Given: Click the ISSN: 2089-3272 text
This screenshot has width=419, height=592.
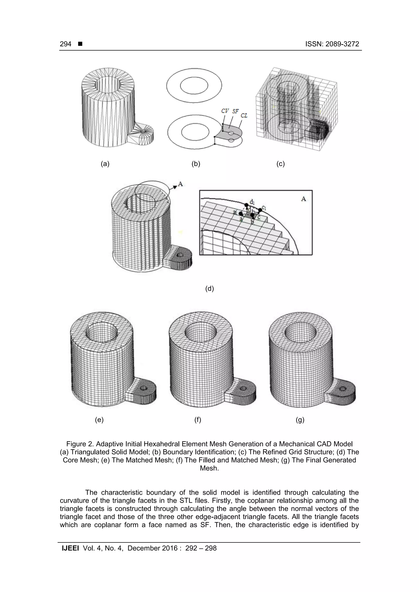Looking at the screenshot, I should pos(332,44).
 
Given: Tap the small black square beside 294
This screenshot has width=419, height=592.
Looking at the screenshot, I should pos(80,44).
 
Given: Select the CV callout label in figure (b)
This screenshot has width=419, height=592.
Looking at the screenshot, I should pos(225,111).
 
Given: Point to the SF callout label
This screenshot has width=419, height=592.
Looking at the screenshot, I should pos(235,111).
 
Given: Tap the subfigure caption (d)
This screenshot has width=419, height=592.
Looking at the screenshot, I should pos(209,289).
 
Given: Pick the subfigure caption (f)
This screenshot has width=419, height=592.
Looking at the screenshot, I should pos(197,420).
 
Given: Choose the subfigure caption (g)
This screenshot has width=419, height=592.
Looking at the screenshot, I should pos(300,420).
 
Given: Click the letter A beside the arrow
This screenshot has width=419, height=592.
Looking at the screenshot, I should pos(180,184).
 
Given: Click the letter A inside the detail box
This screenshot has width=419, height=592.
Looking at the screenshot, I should pos(304,199).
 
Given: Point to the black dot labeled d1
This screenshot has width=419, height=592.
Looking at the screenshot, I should pos(246,205).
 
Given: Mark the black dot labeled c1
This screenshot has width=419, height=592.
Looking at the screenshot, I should pos(260,210).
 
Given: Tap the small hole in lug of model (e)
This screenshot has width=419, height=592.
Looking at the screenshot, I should pos(144,388).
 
